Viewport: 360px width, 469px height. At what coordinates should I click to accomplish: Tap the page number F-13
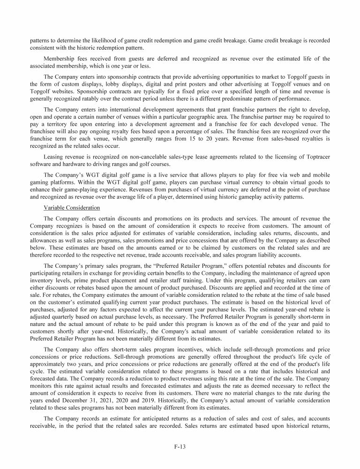point(180,446)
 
